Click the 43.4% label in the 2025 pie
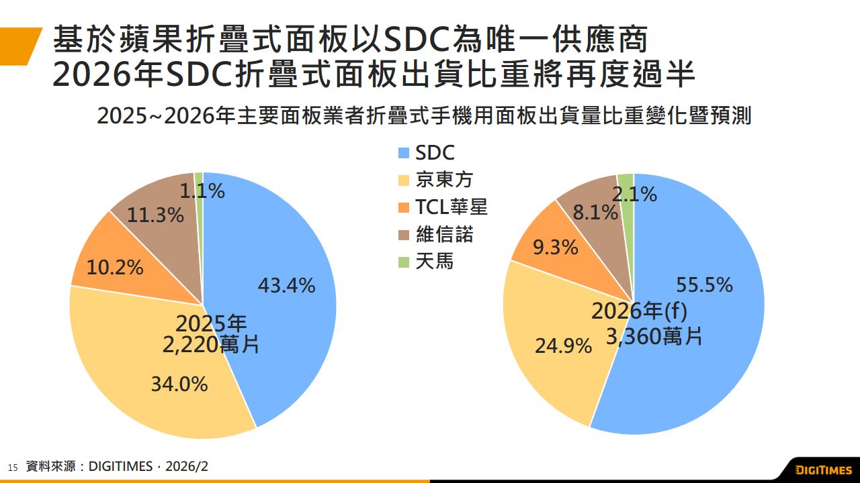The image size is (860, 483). coord(286,286)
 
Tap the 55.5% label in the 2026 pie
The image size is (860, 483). coord(704,285)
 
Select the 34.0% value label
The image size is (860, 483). coord(179,384)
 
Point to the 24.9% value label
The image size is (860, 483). coord(563,346)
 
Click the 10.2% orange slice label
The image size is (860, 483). coord(115,268)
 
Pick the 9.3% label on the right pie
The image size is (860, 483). coord(555,248)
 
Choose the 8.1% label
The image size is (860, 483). coord(595,213)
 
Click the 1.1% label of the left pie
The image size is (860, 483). coord(202,191)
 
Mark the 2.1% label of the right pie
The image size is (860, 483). coord(634,195)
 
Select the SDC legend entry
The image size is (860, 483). coord(434,153)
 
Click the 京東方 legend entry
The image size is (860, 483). coord(444,180)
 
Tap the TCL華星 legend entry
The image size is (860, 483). coord(451,207)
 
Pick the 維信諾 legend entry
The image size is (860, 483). coord(444,234)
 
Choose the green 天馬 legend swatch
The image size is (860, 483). coord(404,262)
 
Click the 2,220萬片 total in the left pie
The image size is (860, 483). coord(210,345)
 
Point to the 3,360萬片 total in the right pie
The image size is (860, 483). coord(654,336)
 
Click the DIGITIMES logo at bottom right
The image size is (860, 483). coord(823,470)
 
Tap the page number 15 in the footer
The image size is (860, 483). coord(12,468)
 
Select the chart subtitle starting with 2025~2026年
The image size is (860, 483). coord(423,115)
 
